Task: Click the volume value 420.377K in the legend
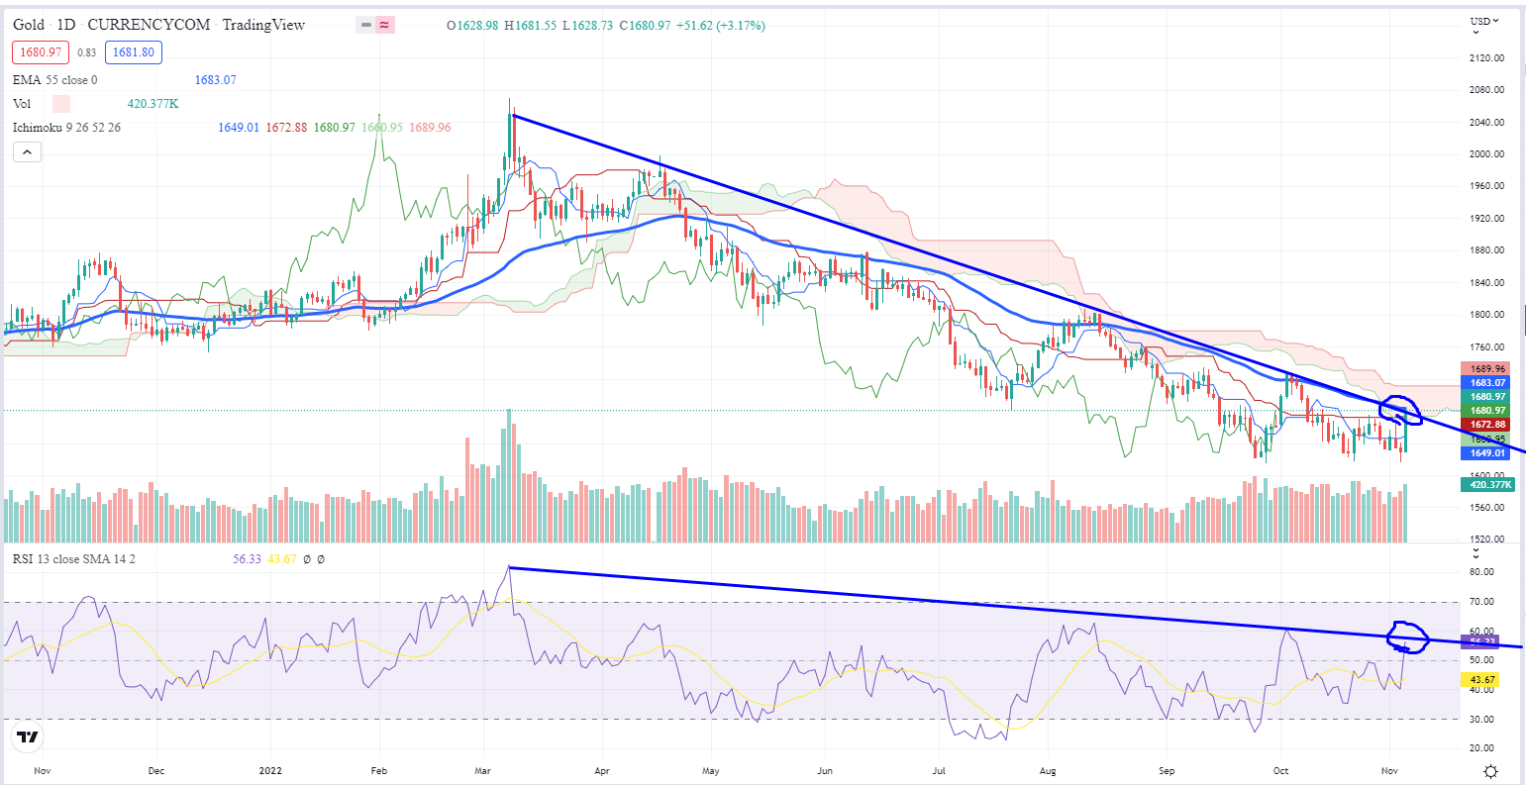152,103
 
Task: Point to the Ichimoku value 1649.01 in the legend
238,127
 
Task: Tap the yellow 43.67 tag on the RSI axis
1479,680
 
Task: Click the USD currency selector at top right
1481,21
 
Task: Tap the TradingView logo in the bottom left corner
28,736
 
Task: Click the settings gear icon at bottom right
1490,770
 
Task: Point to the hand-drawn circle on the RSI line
1408,638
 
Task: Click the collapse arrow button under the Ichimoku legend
27,151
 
